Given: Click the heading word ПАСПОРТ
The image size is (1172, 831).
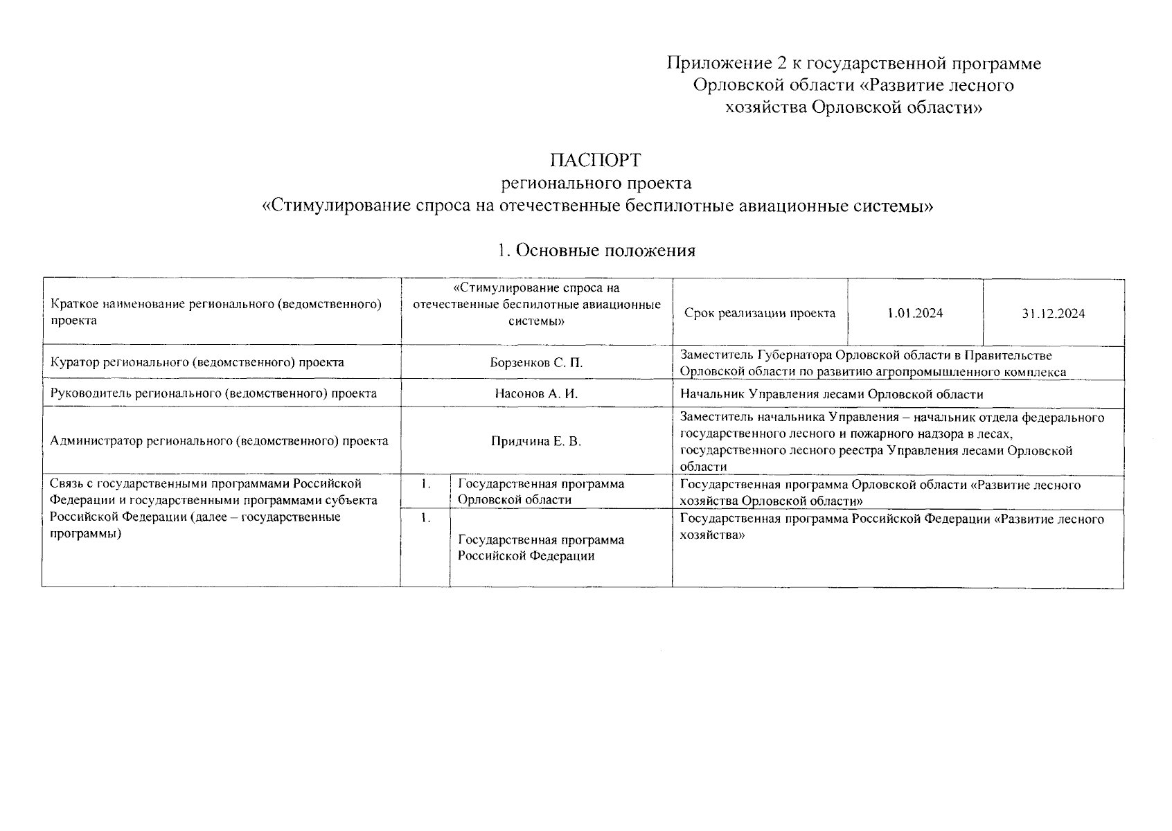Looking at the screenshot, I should click(595, 161).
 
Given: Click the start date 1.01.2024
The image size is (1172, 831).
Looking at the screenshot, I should click(914, 313).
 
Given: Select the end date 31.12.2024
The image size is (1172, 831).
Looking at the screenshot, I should click(1053, 313).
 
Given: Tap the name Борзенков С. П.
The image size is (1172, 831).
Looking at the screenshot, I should click(535, 362).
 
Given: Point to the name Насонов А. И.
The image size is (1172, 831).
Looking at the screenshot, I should click(536, 394).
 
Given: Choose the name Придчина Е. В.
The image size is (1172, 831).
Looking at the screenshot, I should click(535, 441).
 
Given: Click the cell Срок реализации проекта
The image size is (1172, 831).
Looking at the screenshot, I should click(759, 313).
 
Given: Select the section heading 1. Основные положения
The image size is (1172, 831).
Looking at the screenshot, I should click(596, 251).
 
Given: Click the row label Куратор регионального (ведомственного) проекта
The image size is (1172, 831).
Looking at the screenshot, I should click(197, 362).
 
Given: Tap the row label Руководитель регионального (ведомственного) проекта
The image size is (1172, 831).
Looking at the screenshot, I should click(213, 394).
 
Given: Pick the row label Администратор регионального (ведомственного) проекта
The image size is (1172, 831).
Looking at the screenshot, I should click(219, 441).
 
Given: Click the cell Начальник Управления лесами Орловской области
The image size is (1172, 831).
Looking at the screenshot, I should click(831, 394).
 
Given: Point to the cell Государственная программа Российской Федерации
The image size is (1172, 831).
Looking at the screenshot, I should click(540, 548).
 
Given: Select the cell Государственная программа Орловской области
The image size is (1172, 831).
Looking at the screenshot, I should click(540, 492).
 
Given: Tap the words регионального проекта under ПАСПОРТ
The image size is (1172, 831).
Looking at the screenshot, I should click(596, 184).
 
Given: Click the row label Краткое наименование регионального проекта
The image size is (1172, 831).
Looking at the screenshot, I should click(216, 312).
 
